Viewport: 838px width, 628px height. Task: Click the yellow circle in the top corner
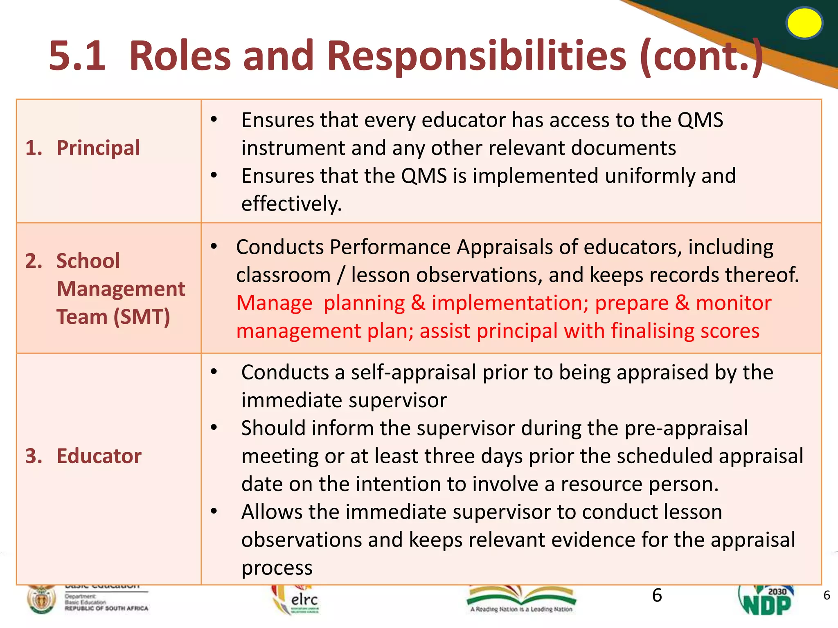point(804,23)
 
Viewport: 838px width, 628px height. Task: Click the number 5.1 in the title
point(77,56)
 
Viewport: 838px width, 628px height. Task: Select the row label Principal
point(98,148)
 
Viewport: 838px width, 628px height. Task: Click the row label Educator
point(99,455)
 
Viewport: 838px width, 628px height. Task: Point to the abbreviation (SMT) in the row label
point(141,316)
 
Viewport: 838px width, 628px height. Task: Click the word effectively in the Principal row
point(291,204)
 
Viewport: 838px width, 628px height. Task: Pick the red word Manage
point(274,303)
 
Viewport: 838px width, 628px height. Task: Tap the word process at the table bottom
point(277,567)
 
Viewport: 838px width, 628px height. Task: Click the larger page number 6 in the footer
point(657,595)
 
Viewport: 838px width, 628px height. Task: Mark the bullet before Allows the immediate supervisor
point(214,511)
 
